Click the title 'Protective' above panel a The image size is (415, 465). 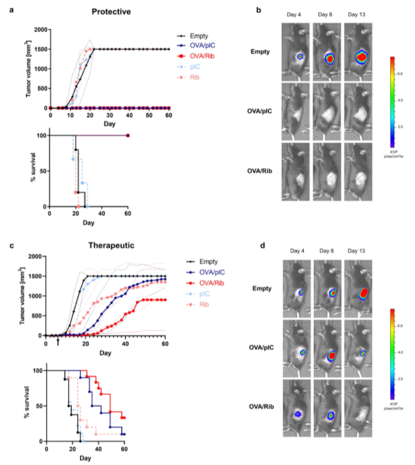coord(111,11)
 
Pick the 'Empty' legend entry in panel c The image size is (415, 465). coord(201,261)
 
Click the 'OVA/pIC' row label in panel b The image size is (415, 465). coord(262,112)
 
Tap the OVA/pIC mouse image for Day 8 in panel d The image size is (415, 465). coord(328,347)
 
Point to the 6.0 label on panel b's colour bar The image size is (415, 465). coord(399,73)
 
